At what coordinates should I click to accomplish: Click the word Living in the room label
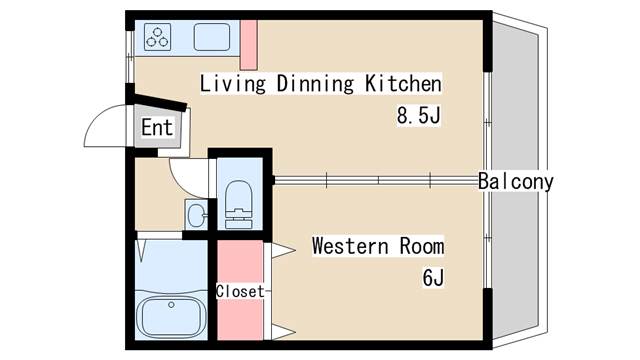230,83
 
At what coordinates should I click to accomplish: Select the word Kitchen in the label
404,83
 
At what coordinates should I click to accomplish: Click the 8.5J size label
419,115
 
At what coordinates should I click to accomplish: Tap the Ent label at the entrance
156,128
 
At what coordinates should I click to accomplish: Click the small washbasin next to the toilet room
194,213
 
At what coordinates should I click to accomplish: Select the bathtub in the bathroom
171,317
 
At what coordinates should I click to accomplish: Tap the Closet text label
240,292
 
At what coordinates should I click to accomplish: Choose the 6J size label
432,278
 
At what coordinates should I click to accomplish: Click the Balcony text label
515,182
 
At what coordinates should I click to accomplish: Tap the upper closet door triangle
281,248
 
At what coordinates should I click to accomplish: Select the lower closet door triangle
281,331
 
